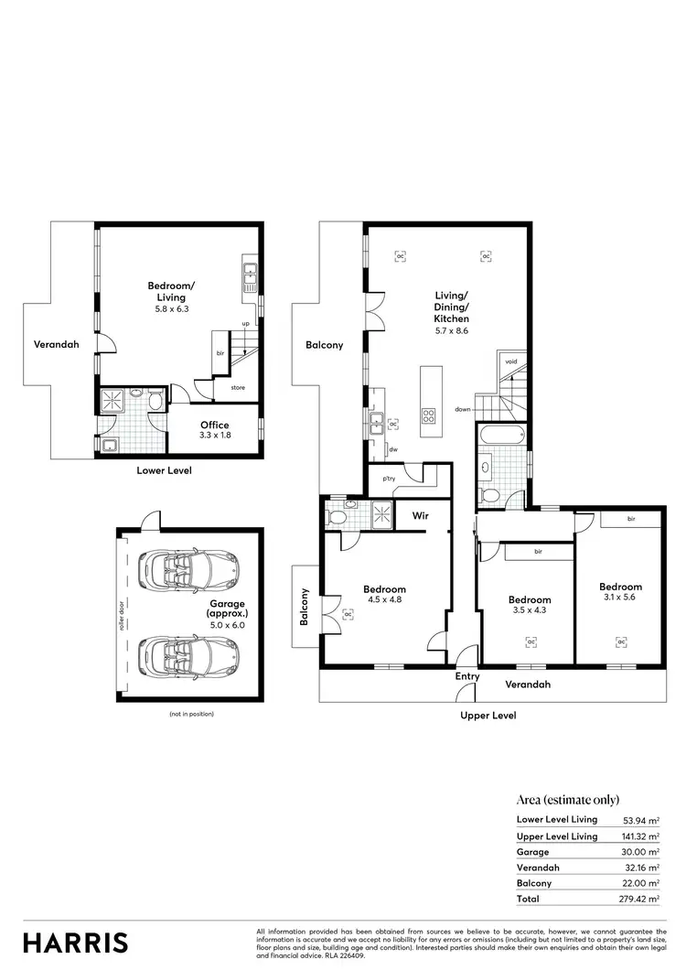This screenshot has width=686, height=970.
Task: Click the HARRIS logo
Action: (x=75, y=943)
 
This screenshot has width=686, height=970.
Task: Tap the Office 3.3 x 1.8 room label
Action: (x=215, y=430)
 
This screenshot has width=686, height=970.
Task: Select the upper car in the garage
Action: (x=188, y=569)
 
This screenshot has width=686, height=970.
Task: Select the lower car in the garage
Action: (x=188, y=654)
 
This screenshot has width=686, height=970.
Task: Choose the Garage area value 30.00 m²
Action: (x=640, y=851)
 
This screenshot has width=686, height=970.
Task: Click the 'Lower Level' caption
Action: (x=164, y=470)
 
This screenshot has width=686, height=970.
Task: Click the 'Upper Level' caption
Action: (x=489, y=716)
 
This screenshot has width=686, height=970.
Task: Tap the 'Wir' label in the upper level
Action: (x=421, y=516)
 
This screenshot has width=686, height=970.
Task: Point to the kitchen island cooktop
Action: (x=429, y=415)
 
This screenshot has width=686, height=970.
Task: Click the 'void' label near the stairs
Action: (x=510, y=361)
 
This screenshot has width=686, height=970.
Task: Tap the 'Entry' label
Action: (x=467, y=676)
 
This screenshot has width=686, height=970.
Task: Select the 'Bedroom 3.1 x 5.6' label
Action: (x=620, y=592)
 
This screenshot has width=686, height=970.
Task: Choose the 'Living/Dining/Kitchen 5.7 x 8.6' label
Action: (x=452, y=312)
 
